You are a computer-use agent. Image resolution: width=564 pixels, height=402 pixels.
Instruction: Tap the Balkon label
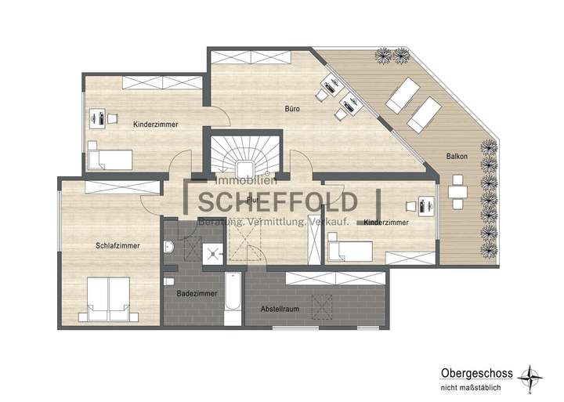458,156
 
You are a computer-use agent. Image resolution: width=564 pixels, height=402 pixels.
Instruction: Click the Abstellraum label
280,310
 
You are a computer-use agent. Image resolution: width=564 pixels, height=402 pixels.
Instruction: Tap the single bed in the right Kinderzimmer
351,251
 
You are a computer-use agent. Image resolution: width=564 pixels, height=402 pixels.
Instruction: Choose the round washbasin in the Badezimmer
169,248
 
